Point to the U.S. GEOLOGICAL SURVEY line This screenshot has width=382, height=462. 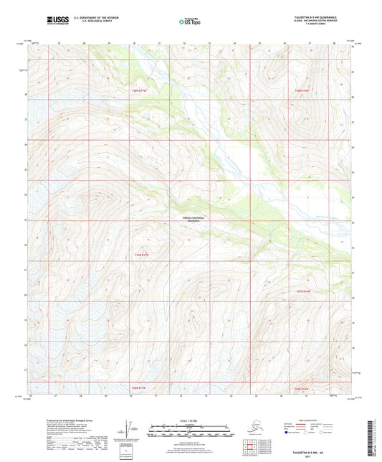89,21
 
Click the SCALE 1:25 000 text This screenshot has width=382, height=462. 191,419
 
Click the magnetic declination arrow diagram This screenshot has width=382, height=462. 129,430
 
